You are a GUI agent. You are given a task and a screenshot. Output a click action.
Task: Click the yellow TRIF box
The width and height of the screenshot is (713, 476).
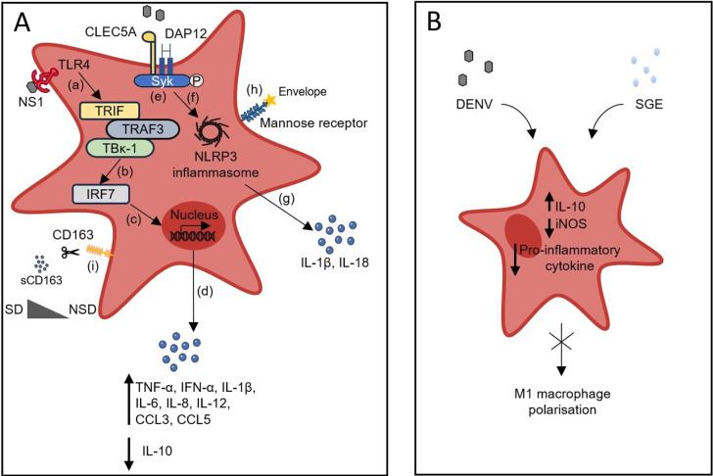tap(110, 111)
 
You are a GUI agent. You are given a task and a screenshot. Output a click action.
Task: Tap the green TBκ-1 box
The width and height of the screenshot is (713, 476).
tap(119, 148)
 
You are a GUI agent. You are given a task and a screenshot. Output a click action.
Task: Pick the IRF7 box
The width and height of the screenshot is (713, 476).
tap(101, 195)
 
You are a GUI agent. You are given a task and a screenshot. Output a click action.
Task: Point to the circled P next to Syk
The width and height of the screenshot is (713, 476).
tap(197, 80)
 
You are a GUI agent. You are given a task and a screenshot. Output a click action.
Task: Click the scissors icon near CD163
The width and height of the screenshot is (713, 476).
tap(71, 251)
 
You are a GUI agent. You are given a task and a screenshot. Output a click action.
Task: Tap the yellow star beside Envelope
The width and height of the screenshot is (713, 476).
tap(270, 100)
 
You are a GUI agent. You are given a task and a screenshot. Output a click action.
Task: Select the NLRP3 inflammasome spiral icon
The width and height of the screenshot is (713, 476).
tap(212, 131)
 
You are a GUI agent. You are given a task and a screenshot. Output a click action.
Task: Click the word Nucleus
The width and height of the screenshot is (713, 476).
tap(194, 215)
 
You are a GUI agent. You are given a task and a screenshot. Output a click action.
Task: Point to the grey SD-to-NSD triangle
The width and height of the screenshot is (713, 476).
tap(48, 309)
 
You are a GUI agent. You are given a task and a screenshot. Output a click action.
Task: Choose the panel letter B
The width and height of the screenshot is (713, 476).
tap(435, 21)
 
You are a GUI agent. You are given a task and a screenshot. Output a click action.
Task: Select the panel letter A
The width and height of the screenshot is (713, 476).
tap(23, 22)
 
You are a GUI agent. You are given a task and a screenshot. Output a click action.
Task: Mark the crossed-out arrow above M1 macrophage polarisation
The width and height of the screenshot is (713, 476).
tap(562, 349)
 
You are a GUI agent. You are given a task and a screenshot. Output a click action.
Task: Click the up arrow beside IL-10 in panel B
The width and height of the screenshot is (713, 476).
tap(549, 202)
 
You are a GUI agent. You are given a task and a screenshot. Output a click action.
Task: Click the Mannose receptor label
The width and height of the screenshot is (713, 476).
tap(314, 122)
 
